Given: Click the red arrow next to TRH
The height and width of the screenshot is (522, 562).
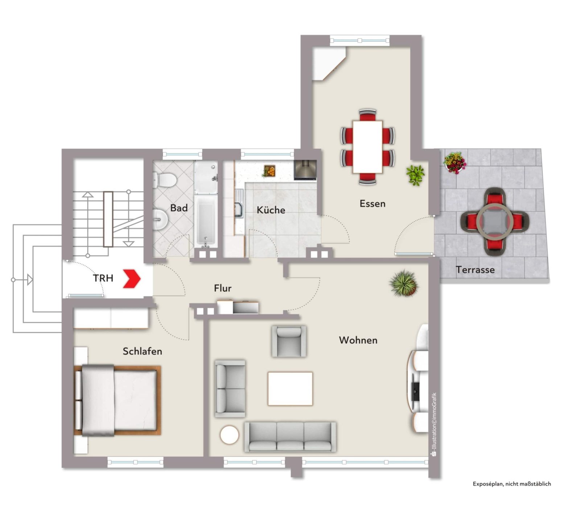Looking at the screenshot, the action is click(x=132, y=279).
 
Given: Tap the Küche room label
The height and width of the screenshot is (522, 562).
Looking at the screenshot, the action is click(x=271, y=210).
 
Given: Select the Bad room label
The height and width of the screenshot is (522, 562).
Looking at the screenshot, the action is click(x=179, y=208).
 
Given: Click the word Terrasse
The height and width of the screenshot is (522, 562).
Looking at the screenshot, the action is click(x=475, y=270).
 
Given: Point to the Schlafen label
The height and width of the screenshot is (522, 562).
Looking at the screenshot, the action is click(x=142, y=351).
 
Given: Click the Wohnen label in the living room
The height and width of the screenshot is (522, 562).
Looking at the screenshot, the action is click(x=358, y=340).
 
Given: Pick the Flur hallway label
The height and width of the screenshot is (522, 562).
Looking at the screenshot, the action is click(x=223, y=288).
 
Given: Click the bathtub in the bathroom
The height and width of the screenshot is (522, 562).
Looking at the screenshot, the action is click(x=206, y=221).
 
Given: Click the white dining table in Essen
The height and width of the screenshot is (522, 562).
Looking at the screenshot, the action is click(x=368, y=147).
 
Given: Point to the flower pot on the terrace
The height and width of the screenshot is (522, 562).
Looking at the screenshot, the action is click(x=455, y=163).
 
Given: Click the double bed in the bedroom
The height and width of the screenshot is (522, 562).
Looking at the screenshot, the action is click(x=118, y=400).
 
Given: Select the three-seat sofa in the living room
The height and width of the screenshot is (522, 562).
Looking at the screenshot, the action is click(x=290, y=437).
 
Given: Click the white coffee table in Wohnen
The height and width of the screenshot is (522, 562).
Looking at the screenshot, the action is click(x=290, y=389).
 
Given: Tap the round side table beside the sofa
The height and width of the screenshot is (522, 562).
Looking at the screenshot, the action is click(x=229, y=435).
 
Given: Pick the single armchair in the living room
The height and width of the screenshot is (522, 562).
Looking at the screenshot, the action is click(x=289, y=341).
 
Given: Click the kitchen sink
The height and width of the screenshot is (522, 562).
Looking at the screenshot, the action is click(x=239, y=208).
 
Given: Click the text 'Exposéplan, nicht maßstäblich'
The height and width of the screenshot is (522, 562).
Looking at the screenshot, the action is click(x=512, y=484).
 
